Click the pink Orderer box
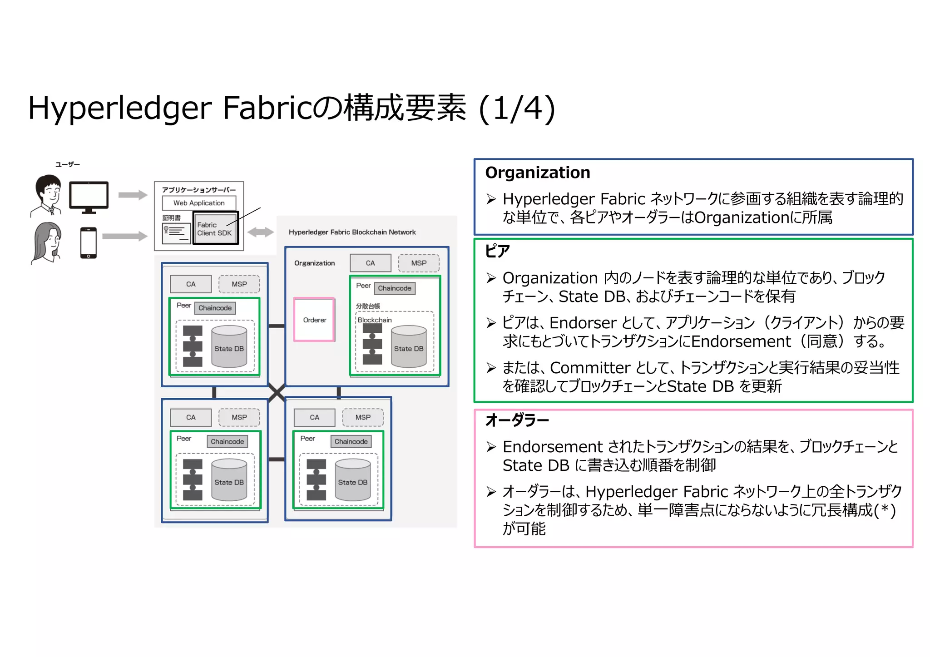pyautogui.click(x=314, y=320)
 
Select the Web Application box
pyautogui.click(x=199, y=203)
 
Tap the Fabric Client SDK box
pyautogui.click(x=215, y=228)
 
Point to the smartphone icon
pyautogui.click(x=89, y=242)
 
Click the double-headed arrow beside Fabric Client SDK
pyautogui.click(x=261, y=232)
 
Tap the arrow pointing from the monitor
pyautogui.click(x=133, y=195)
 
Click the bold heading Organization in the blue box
pyautogui.click(x=538, y=173)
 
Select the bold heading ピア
pyautogui.click(x=498, y=251)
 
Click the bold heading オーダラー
pyautogui.click(x=517, y=420)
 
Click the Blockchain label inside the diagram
pyautogui.click(x=375, y=320)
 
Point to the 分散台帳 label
pyautogui.click(x=368, y=306)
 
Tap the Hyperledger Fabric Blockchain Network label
pyautogui.click(x=352, y=232)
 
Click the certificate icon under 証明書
pyautogui.click(x=176, y=233)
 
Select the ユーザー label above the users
pyautogui.click(x=67, y=164)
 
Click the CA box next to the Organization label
pyautogui.click(x=371, y=263)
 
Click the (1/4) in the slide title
pyautogui.click(x=517, y=109)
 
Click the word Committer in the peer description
pyautogui.click(x=590, y=368)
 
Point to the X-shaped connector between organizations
pyautogui.click(x=277, y=392)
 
